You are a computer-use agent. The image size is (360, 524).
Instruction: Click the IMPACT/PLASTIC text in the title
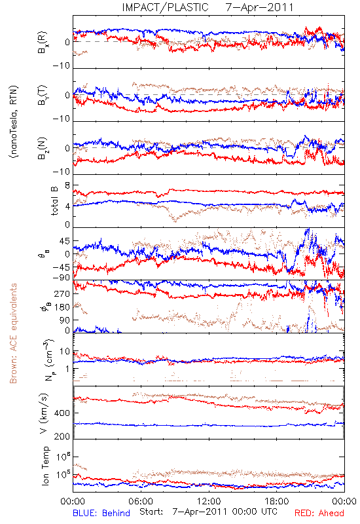coord(166,7)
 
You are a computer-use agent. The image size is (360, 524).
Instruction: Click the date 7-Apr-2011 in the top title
coord(259,7)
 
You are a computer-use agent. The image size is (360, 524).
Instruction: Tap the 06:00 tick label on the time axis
coord(141,501)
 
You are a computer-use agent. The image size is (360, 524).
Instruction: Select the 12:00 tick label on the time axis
coord(209,501)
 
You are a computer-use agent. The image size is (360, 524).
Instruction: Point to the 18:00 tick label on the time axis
coord(277,501)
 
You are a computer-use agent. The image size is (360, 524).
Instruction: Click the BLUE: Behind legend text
coord(101,513)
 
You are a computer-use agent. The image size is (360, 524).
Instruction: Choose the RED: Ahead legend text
coord(319,513)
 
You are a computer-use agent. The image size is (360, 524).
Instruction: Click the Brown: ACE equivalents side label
coord(13,333)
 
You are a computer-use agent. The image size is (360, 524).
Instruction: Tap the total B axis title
coord(54,201)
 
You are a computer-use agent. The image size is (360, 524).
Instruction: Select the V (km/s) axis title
coord(44,413)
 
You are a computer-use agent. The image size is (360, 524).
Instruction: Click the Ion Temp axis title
coord(45,466)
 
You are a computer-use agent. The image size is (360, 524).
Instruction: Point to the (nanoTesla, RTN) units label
coord(14,122)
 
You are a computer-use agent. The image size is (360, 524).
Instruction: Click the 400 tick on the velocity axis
coord(62,413)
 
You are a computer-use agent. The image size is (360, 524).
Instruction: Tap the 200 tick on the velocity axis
coord(62,436)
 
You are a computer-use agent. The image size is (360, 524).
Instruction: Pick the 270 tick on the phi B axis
coord(62,293)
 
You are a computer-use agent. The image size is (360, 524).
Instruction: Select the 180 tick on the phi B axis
coord(62,307)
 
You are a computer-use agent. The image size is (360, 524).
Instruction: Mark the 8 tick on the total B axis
coord(67,185)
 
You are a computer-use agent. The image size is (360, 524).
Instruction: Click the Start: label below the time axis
coord(151,512)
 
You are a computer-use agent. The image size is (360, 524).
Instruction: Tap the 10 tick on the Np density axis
coord(65,352)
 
